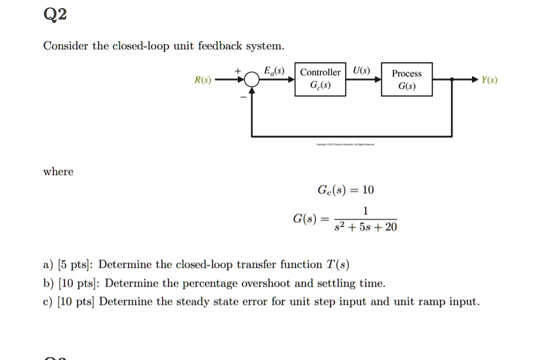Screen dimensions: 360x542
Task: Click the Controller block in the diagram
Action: [320, 79]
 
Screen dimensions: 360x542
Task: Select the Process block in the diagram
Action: [406, 79]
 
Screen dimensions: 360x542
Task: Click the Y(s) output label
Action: [489, 80]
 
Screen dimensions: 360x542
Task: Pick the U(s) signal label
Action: [362, 71]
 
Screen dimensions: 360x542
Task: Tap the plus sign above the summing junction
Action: [238, 70]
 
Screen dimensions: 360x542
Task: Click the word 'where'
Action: [58, 172]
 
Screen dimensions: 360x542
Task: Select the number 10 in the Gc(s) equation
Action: [368, 190]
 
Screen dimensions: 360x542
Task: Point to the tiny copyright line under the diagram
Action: [349, 144]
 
